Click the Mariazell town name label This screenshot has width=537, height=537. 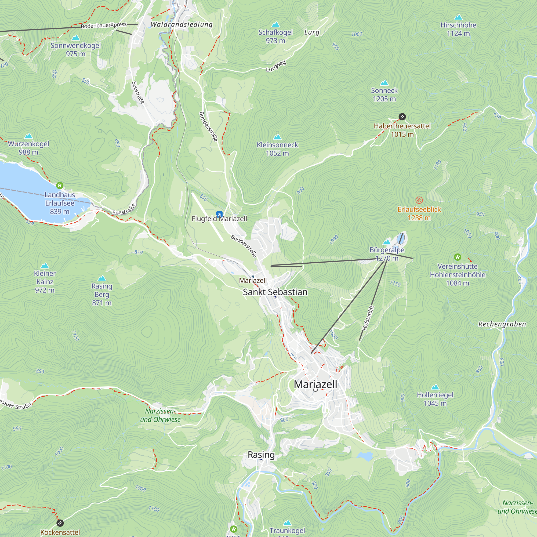[315, 384]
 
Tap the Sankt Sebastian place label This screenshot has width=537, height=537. [275, 292]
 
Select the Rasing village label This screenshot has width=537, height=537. [261, 455]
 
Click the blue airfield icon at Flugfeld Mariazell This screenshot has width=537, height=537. [219, 214]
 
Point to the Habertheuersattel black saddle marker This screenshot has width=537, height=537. [402, 117]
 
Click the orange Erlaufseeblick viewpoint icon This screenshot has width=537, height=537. [419, 200]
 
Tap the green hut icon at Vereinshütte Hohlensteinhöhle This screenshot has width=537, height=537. [458, 257]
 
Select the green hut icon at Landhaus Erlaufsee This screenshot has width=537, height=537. [60, 185]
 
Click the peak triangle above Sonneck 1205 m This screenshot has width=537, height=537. [384, 82]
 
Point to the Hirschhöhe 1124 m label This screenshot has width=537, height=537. [458, 29]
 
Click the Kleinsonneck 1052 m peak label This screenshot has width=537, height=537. [277, 149]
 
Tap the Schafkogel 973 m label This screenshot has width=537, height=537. [275, 36]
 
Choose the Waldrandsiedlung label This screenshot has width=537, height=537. [182, 24]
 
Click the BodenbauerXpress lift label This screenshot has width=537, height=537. [104, 26]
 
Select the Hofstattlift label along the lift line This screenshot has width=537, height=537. [368, 318]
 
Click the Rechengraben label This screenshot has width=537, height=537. [502, 324]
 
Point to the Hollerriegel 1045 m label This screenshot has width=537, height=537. [435, 399]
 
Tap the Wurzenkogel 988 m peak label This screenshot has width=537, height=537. [28, 148]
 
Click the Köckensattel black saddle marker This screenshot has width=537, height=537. [60, 523]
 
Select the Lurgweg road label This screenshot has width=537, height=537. [276, 66]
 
